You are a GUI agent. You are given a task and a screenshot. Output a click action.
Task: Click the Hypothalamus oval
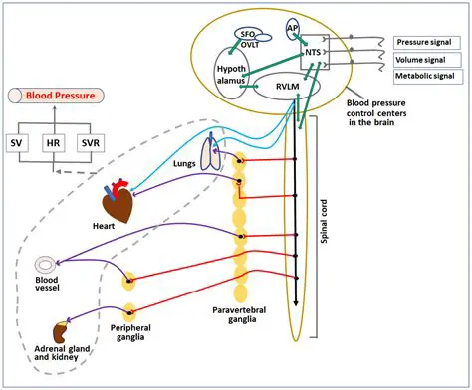tap(231, 75)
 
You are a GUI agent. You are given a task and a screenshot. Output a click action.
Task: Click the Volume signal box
tap(422, 60)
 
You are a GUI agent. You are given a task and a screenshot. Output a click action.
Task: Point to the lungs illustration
tap(212, 152)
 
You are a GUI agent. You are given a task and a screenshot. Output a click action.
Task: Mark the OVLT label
tap(249, 44)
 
